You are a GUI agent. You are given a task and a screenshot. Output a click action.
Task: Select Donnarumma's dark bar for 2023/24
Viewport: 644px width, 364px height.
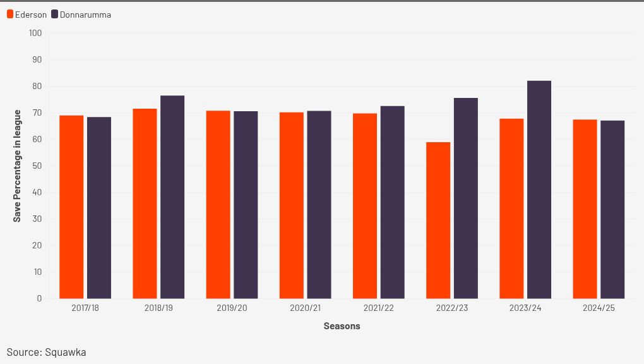[539, 190]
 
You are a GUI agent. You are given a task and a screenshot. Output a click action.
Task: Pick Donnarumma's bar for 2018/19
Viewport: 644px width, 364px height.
[172, 197]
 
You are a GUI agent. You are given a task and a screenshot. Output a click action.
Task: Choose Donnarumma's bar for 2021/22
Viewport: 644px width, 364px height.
[392, 202]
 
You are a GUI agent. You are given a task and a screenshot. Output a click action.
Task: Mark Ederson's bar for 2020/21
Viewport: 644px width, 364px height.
[292, 205]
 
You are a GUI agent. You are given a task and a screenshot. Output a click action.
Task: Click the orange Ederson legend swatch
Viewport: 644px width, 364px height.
[10, 15]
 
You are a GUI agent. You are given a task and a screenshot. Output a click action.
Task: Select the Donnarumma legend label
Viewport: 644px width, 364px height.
[85, 15]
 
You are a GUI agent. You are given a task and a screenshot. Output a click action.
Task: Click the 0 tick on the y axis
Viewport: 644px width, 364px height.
[39, 298]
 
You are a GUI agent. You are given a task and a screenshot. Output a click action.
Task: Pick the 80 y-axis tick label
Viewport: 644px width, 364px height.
[37, 86]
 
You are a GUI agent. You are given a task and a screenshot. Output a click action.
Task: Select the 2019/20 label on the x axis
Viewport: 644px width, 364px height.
[232, 308]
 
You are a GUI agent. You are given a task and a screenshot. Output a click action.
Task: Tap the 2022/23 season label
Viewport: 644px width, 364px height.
[452, 308]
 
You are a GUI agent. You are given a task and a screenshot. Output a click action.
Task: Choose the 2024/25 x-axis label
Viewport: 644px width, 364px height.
[599, 308]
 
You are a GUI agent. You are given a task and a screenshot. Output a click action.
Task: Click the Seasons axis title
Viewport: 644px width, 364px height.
[342, 326]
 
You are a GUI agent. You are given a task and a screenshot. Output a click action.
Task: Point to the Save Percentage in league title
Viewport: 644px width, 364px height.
[18, 166]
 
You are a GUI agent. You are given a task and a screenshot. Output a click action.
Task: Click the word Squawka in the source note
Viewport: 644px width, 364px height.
[65, 352]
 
